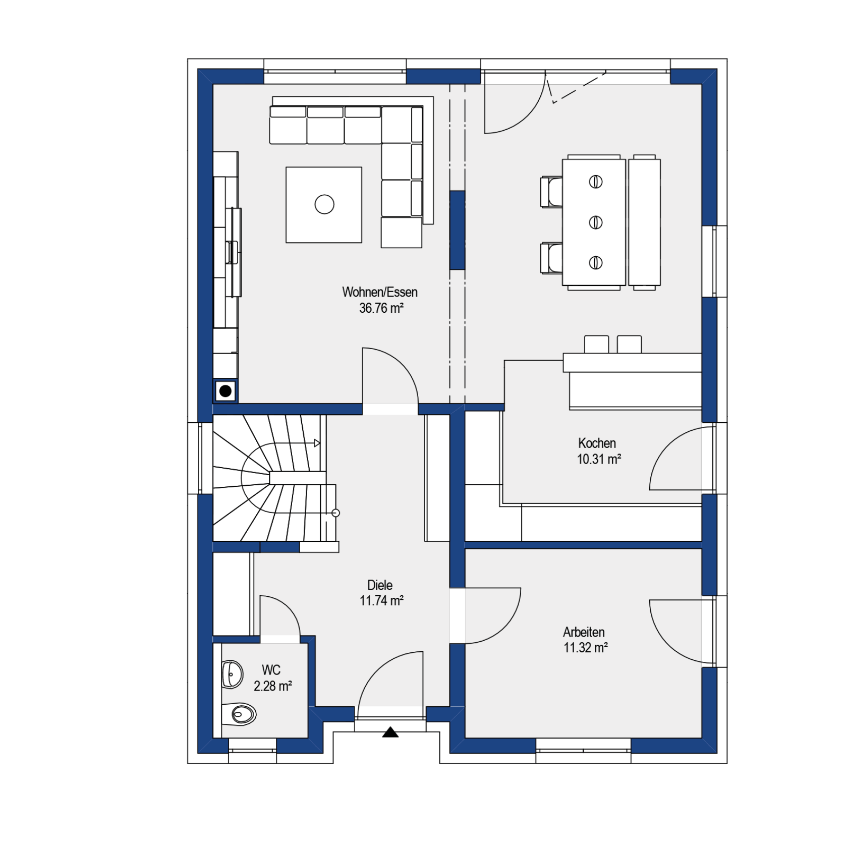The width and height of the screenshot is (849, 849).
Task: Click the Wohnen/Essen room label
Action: [380, 292]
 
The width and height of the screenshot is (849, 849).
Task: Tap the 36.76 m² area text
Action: [381, 308]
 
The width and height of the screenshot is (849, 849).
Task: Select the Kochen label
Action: [597, 443]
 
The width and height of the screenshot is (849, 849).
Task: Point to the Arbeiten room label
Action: [584, 632]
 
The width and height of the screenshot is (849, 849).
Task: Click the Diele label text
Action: [380, 585]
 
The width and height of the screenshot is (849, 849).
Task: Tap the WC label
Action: [271, 670]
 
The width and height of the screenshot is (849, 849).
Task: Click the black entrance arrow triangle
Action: [390, 732]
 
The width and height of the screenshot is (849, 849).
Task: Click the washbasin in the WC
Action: [233, 674]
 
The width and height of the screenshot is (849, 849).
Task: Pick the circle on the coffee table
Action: [324, 204]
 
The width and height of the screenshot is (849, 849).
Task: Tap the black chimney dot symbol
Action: [225, 390]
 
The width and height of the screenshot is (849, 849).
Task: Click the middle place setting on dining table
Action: [596, 222]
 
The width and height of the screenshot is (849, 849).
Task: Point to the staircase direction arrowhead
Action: [317, 443]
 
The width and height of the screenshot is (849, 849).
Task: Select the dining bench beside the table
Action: [644, 222]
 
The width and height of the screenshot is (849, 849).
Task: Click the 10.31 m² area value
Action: [599, 459]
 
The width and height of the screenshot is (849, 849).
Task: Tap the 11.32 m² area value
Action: [586, 648]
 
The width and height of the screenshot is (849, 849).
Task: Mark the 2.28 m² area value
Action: [273, 686]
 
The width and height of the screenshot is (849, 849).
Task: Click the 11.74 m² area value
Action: [381, 601]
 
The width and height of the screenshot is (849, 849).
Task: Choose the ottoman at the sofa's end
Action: [402, 233]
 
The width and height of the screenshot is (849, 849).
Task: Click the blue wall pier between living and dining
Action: [458, 230]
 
